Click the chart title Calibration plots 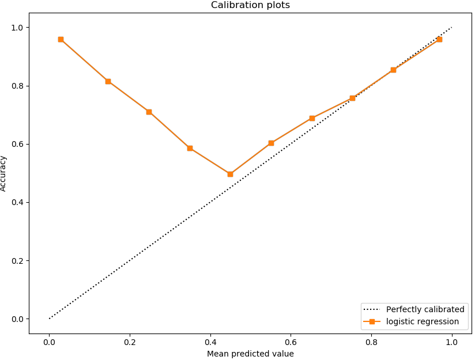pyautogui.click(x=250, y=5)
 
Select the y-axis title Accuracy pyautogui.click(x=3, y=173)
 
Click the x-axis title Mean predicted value pyautogui.click(x=250, y=354)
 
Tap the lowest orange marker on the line pyautogui.click(x=230, y=174)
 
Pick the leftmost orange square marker pyautogui.click(x=61, y=39)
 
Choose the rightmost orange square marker pyautogui.click(x=439, y=39)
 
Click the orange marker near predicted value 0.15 pyautogui.click(x=108, y=81)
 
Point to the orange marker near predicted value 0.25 pyautogui.click(x=149, y=112)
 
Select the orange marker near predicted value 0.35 pyautogui.click(x=190, y=148)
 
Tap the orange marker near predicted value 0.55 pyautogui.click(x=271, y=143)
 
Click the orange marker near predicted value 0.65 pyautogui.click(x=312, y=118)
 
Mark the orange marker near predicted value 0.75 pyautogui.click(x=352, y=98)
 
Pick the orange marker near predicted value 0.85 pyautogui.click(x=393, y=70)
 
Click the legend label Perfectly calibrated pyautogui.click(x=425, y=309)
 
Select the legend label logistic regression pyautogui.click(x=423, y=321)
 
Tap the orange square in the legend pyautogui.click(x=372, y=321)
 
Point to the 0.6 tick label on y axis pyautogui.click(x=17, y=144)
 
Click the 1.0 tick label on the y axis pyautogui.click(x=17, y=28)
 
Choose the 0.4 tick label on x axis pyautogui.click(x=210, y=342)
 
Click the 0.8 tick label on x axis pyautogui.click(x=371, y=342)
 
